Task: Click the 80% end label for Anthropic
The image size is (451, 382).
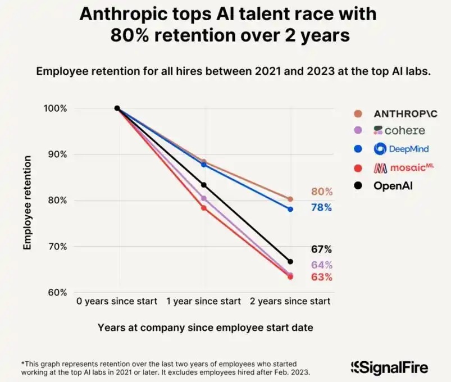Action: click(322, 192)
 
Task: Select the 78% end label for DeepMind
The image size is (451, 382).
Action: click(322, 208)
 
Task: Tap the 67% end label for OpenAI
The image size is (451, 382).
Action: click(322, 249)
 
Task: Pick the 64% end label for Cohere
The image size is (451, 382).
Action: click(322, 265)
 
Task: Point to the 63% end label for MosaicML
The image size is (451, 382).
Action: click(322, 278)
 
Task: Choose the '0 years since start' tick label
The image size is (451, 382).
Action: click(117, 302)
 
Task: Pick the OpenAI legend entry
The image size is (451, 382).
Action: click(393, 185)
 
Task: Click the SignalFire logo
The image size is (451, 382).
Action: click(389, 368)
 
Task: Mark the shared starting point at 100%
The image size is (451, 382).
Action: click(117, 108)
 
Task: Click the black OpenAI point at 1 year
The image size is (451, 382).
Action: click(204, 185)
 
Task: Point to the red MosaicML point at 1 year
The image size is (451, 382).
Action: click(204, 208)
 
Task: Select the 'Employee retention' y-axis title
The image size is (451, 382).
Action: click(27, 201)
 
